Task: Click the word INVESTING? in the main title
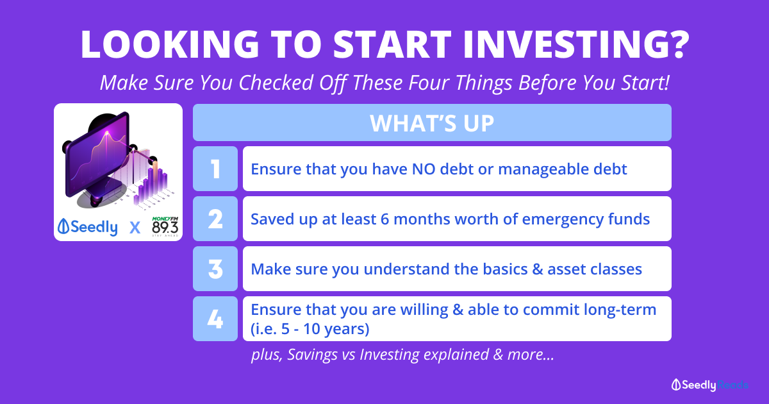pos(576,44)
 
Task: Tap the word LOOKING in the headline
pos(170,44)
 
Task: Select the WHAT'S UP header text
pos(432,122)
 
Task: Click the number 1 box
pos(215,169)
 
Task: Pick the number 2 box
pos(215,219)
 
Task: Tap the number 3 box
pos(215,269)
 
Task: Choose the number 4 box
pos(215,319)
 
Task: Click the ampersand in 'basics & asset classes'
pos(537,269)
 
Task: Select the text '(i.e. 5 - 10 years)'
pos(310,329)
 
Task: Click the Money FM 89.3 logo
pos(165,226)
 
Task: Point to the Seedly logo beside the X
pos(88,227)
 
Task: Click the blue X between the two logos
pos(135,228)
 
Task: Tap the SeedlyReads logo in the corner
pos(710,385)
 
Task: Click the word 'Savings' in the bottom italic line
pos(312,355)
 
